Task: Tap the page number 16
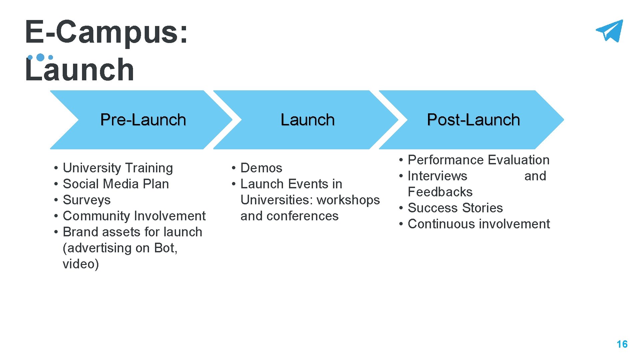[x=622, y=344]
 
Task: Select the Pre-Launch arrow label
[x=143, y=120]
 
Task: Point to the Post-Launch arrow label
[x=473, y=120]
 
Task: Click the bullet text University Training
[x=118, y=168]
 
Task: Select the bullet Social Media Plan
[x=116, y=184]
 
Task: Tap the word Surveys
[x=87, y=200]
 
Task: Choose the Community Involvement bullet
[x=134, y=216]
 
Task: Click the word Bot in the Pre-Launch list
[x=165, y=248]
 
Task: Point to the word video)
[x=81, y=264]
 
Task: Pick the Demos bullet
[x=261, y=168]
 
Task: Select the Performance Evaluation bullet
[x=478, y=160]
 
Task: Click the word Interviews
[x=437, y=176]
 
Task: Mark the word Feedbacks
[x=440, y=192]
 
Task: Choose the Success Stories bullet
[x=455, y=208]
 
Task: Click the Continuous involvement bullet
[x=479, y=224]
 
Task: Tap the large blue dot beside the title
[x=40, y=57]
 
